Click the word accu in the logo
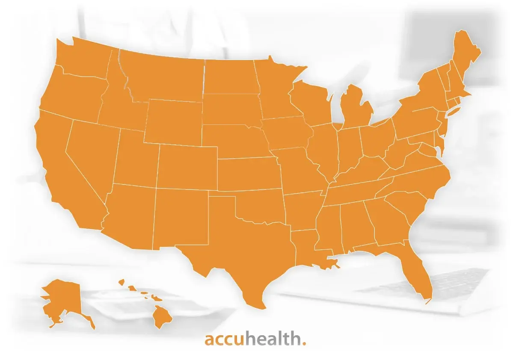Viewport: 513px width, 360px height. (224, 340)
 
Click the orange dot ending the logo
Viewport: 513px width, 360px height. (304, 343)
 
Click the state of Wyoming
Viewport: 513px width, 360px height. (173, 122)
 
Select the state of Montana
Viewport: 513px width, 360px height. (163, 75)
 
